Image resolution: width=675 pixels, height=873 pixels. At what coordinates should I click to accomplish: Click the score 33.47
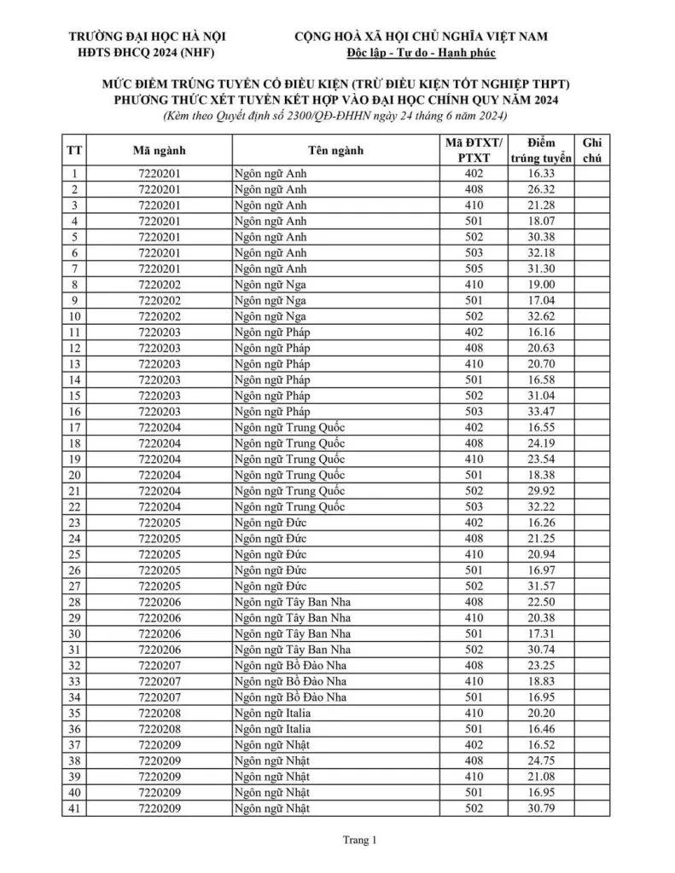click(541, 411)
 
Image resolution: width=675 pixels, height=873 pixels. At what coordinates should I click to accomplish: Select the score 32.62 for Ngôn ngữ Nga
click(541, 315)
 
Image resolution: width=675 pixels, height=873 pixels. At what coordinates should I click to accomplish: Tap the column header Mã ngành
click(160, 151)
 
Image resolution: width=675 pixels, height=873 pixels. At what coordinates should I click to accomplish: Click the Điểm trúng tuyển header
click(541, 151)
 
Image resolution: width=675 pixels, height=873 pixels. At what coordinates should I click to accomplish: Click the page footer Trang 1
click(358, 841)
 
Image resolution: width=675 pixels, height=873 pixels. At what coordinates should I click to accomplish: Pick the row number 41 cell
click(74, 807)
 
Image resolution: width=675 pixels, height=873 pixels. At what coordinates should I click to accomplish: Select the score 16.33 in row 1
click(541, 173)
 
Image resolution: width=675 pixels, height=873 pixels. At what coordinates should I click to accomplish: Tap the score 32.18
click(541, 252)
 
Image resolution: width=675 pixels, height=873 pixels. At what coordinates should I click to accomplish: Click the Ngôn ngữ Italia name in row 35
click(273, 713)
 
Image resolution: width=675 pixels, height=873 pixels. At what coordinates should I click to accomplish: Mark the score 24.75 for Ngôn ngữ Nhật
click(541, 760)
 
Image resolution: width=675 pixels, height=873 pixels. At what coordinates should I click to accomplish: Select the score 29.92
click(541, 490)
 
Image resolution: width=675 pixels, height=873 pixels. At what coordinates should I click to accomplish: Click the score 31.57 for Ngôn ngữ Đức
click(541, 586)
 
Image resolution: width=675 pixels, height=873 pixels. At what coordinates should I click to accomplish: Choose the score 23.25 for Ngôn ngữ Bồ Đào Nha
click(541, 665)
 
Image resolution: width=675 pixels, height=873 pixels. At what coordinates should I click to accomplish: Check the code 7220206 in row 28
click(160, 601)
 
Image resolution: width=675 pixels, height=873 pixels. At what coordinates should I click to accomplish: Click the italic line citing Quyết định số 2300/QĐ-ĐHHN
click(336, 116)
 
